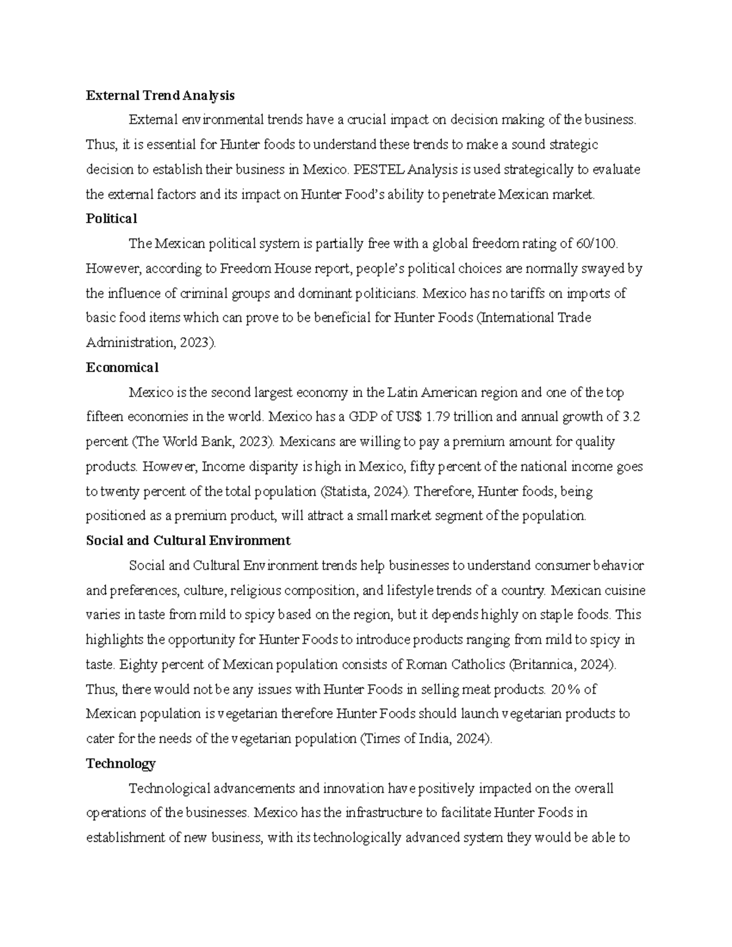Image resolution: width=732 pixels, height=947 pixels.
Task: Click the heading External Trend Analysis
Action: click(x=160, y=96)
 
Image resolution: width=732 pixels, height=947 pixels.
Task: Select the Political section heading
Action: click(x=112, y=218)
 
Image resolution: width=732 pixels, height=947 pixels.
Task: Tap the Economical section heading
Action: click(x=122, y=367)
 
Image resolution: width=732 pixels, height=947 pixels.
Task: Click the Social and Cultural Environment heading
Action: click(x=188, y=541)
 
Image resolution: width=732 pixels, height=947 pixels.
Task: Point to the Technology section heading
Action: click(x=121, y=763)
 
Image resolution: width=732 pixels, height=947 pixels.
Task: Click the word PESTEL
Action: click(x=379, y=170)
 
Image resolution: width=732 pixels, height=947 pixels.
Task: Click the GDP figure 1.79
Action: click(x=437, y=418)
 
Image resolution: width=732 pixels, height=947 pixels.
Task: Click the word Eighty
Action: click(x=137, y=664)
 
